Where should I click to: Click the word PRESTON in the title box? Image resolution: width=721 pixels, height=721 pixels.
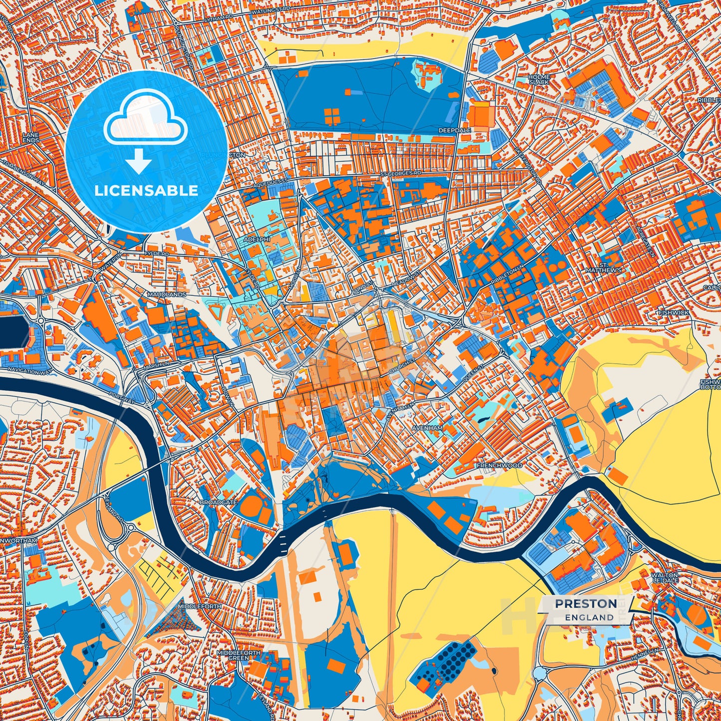[x=586, y=603]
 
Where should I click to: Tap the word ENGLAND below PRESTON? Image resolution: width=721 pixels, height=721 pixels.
[x=589, y=617]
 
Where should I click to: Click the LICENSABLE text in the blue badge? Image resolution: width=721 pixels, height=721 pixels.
[x=146, y=190]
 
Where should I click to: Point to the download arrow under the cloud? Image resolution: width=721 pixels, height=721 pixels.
[x=139, y=162]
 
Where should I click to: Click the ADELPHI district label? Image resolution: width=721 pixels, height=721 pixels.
[x=256, y=240]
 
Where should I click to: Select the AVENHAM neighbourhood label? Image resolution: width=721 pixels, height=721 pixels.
[x=427, y=428]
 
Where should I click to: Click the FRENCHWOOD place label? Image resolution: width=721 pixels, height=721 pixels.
[x=499, y=465]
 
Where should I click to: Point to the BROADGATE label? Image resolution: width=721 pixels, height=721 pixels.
[x=218, y=502]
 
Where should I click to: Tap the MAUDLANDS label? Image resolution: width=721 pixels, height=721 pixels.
[x=166, y=294]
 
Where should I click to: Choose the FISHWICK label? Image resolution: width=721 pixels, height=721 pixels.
[x=673, y=312]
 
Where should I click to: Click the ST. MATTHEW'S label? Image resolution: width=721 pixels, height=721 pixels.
[x=610, y=267]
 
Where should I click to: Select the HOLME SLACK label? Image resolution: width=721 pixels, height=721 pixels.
[x=539, y=79]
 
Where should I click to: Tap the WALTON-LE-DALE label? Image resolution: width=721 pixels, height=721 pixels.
[x=664, y=577]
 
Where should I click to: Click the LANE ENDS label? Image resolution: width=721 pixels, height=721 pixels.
[x=30, y=138]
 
